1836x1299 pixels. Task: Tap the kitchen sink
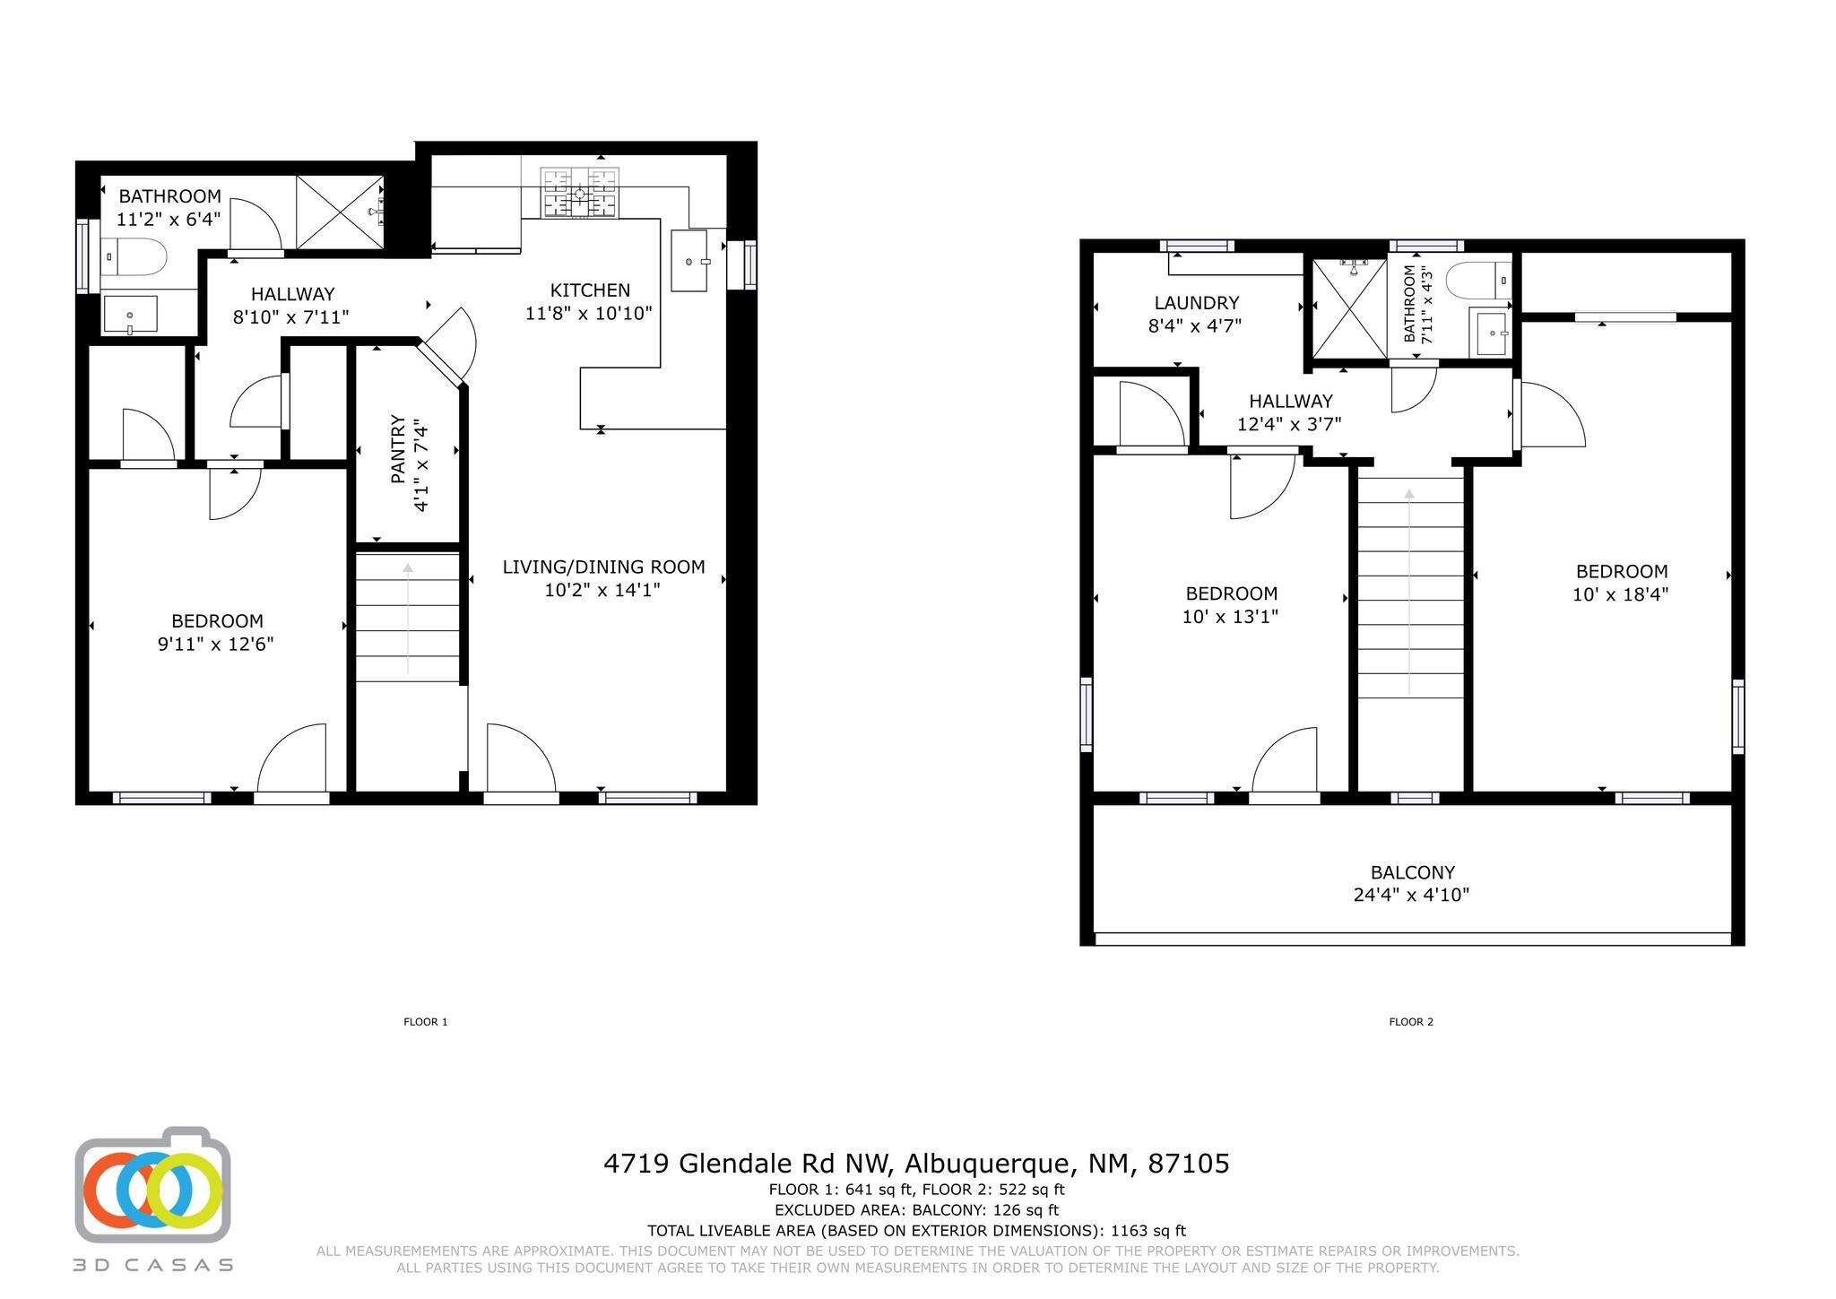pos(689,261)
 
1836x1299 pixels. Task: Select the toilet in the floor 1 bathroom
pos(134,256)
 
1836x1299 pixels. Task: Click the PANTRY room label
pos(398,449)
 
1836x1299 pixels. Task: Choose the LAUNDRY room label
pos(1196,303)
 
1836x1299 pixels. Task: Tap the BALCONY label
pos(1412,872)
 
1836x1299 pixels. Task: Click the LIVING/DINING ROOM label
pos(603,567)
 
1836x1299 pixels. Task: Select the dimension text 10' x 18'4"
pos(1620,594)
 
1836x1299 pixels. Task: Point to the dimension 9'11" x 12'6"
pos(215,644)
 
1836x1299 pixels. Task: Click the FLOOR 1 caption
pos(426,1022)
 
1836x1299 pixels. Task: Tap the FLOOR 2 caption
pos(1411,1022)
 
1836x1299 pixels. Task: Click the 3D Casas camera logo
pos(152,1184)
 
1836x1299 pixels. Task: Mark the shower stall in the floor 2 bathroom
pos(1349,307)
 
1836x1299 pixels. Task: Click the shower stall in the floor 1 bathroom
pos(340,212)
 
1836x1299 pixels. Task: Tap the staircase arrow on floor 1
pos(408,618)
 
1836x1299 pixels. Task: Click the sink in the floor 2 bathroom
pos(1491,333)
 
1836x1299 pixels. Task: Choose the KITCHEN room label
pos(590,290)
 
